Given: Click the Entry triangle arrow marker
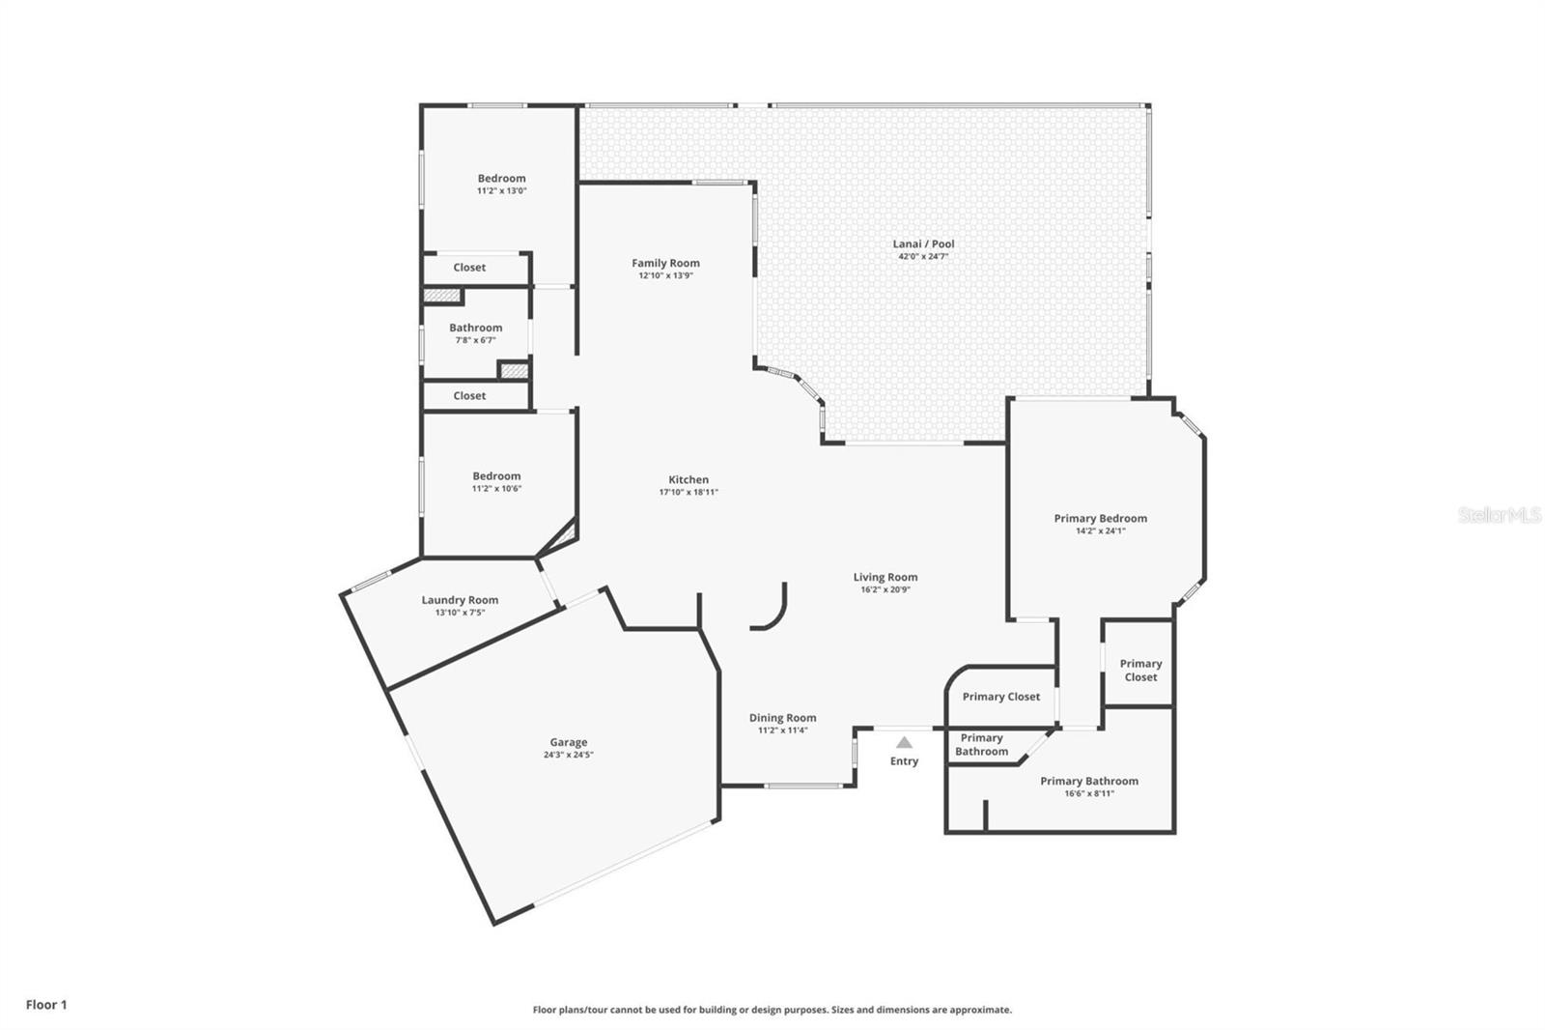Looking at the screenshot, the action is tap(904, 742).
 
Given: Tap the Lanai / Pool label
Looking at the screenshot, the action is tap(923, 243).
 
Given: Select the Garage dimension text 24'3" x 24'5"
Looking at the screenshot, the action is tap(569, 755).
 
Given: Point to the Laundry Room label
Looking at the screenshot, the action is tap(460, 600).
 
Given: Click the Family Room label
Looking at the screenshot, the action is tap(665, 263).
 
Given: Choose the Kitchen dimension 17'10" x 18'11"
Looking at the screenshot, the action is tap(688, 492).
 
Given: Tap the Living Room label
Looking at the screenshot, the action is tap(885, 577).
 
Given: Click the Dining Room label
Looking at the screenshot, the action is tap(783, 718).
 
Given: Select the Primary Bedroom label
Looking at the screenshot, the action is tap(1101, 519).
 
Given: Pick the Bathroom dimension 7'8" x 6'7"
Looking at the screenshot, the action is tap(476, 340).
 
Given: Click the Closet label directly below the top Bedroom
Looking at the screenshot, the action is tap(469, 268).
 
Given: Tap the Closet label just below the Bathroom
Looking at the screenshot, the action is tap(469, 395).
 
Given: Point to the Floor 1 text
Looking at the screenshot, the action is tap(47, 1005).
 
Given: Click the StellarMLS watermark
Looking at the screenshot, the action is tap(1500, 514).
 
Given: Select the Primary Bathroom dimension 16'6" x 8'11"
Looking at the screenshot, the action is tap(1090, 794).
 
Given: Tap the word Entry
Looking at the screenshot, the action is tap(904, 760).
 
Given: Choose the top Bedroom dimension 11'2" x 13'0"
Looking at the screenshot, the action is tap(501, 190).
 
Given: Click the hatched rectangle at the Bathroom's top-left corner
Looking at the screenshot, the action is tap(442, 297).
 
